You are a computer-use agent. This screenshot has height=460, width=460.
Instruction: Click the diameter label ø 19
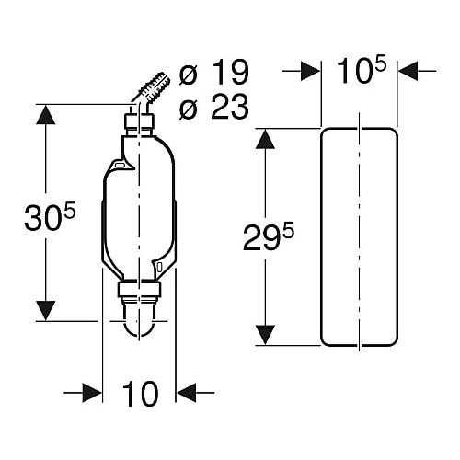[213, 73]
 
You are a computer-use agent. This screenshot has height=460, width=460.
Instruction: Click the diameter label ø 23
[213, 107]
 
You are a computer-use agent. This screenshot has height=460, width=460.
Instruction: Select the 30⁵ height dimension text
[50, 217]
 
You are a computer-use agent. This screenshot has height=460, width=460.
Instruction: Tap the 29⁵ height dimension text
[269, 237]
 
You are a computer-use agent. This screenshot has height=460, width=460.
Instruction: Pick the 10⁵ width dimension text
[361, 71]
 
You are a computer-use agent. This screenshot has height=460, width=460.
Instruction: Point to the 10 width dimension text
[141, 394]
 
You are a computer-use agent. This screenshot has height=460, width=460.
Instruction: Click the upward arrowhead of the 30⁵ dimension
[46, 115]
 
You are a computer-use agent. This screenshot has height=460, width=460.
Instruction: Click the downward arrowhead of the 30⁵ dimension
[46, 311]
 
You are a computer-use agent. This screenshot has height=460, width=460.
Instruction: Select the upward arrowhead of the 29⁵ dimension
[265, 139]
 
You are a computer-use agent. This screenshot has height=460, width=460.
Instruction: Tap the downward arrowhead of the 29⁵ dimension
[265, 335]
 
